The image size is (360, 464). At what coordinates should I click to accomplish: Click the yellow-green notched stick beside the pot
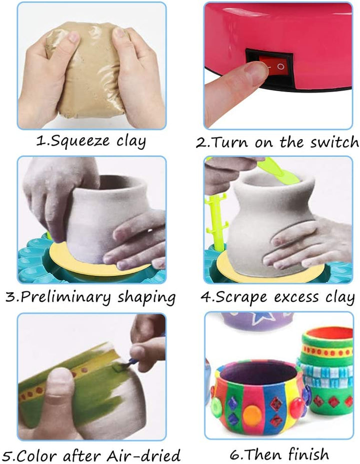[215, 220]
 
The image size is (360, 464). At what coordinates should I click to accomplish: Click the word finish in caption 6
[308, 454]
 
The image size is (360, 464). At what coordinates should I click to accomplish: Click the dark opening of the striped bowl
[257, 375]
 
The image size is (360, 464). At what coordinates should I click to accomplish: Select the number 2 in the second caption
[200, 142]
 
